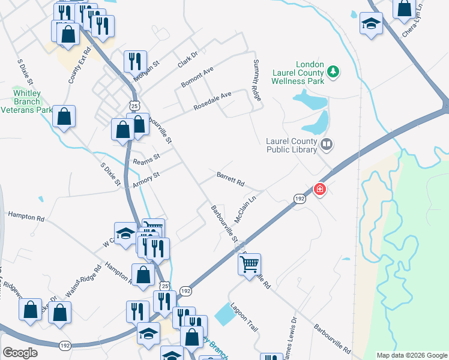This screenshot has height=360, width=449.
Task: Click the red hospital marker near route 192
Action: [320, 190]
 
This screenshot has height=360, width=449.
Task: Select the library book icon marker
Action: [327, 143]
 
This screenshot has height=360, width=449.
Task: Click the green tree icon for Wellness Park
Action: [334, 73]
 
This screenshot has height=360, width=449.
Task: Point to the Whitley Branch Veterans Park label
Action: [26, 101]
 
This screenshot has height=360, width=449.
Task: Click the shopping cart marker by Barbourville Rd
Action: [249, 265]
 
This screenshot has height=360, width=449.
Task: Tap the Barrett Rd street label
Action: [231, 178]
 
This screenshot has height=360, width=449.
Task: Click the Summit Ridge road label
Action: [256, 80]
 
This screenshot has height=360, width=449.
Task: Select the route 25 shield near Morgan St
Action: [134, 105]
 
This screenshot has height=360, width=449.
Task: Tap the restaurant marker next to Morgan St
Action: [135, 61]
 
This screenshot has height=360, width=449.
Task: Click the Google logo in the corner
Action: [20, 353]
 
